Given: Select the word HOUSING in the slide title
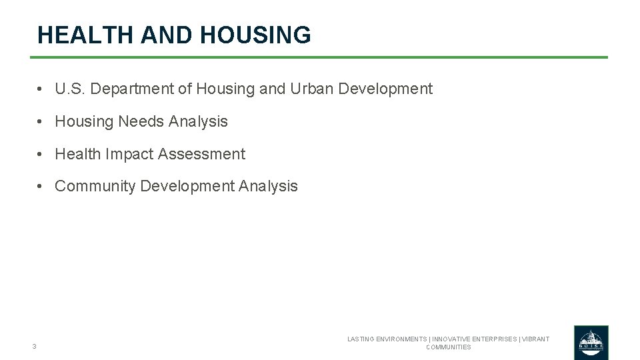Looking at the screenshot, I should (x=257, y=35).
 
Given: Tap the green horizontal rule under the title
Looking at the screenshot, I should (x=319, y=57).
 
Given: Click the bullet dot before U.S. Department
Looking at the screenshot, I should (x=41, y=89).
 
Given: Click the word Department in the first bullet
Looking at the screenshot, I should (x=131, y=89).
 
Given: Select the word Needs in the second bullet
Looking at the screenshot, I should (x=141, y=121).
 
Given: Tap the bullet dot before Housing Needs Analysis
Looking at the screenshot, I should (x=41, y=122).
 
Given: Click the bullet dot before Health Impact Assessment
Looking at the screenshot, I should (x=41, y=155).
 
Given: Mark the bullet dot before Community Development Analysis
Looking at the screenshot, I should (x=41, y=187).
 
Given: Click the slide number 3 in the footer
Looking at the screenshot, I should (x=34, y=346).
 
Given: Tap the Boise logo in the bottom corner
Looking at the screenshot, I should (x=591, y=343).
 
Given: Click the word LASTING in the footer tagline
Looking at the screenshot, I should (x=361, y=339).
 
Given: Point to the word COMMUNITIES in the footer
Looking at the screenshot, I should (x=448, y=347).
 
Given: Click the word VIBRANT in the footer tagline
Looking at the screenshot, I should (x=535, y=339).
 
